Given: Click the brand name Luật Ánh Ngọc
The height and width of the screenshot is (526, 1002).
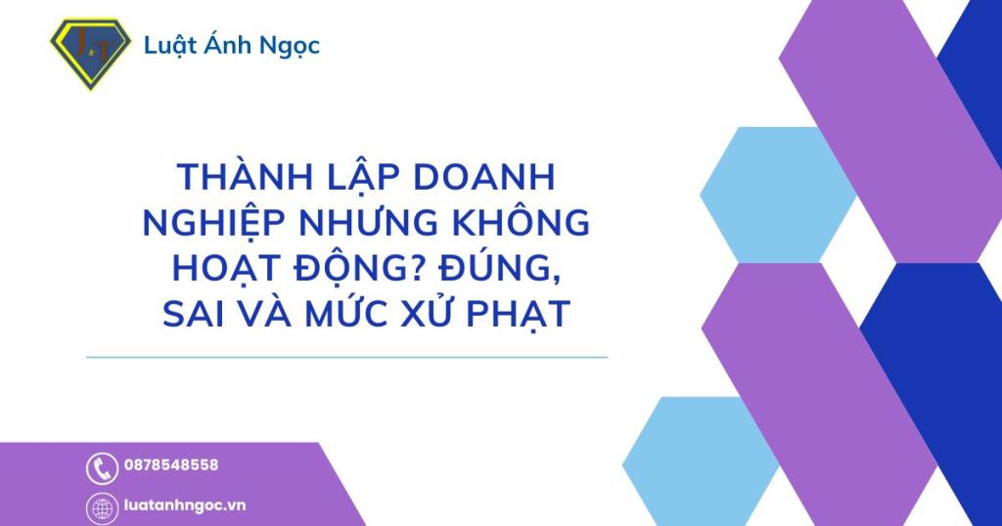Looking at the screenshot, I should [x=232, y=45].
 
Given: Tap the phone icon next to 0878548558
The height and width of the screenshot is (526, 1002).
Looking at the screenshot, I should [x=102, y=468].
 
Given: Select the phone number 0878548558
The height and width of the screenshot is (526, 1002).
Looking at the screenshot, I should [x=171, y=465].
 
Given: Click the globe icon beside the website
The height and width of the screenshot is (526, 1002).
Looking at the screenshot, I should [x=102, y=507].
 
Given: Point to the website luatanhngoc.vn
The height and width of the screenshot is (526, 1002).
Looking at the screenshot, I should [x=185, y=505].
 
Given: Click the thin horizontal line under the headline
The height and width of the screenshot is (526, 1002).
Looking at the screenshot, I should [x=347, y=358].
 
